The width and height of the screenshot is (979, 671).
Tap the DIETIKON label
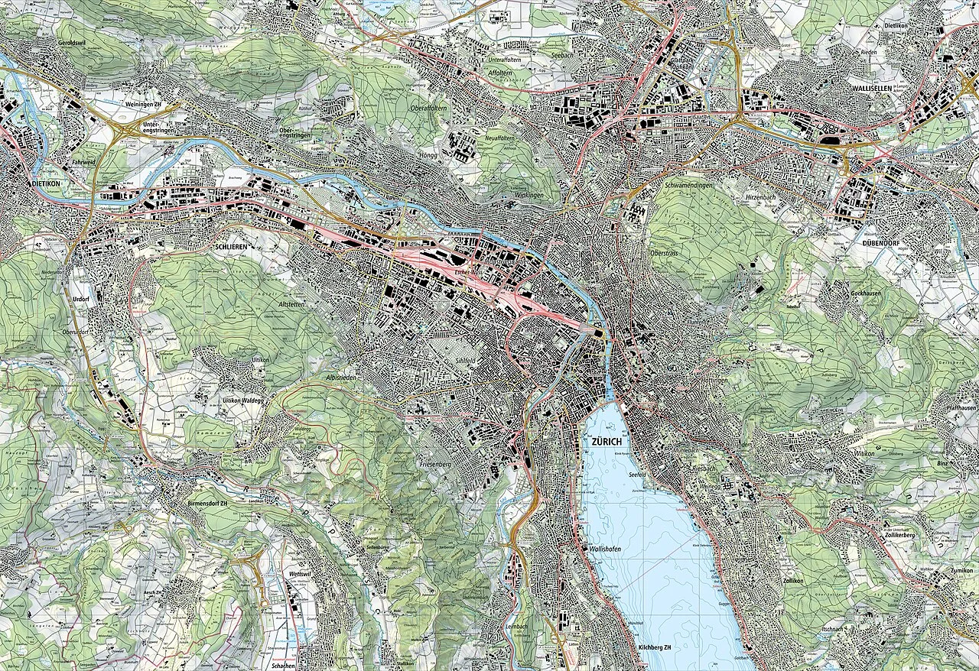30,184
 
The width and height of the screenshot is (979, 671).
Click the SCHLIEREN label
233,248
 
